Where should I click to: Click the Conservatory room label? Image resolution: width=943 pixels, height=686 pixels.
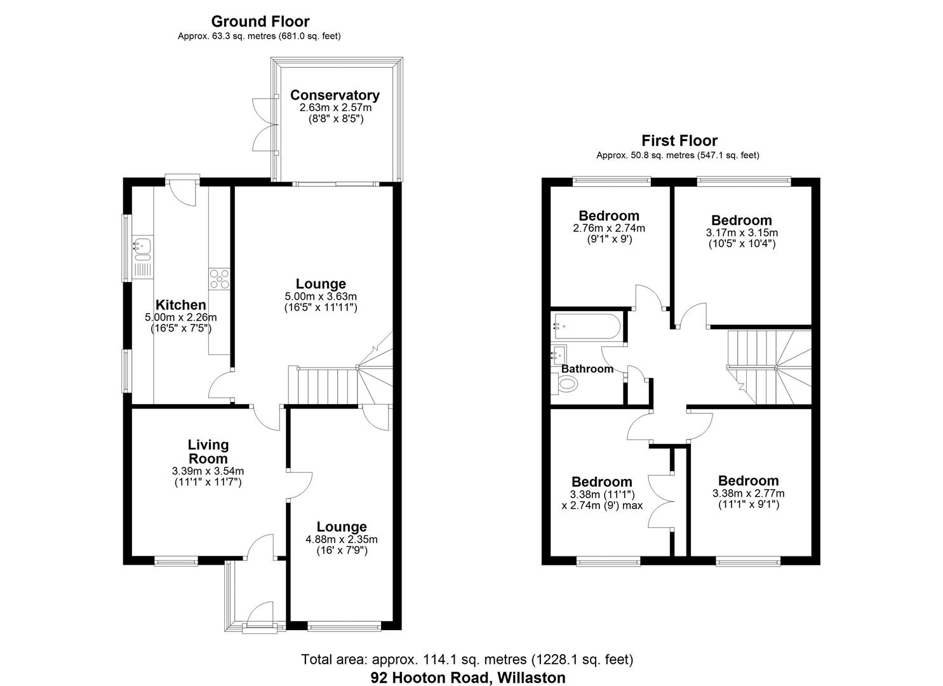click(x=335, y=95)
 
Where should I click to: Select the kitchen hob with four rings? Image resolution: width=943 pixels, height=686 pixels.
click(x=219, y=279)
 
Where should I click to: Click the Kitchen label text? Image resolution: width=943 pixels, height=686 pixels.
click(x=181, y=305)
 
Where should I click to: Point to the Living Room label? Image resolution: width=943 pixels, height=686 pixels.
click(x=208, y=452)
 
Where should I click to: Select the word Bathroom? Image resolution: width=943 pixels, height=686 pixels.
click(x=587, y=368)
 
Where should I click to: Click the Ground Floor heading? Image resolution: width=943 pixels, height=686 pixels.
click(x=260, y=22)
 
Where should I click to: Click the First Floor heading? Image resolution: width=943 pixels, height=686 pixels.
click(x=679, y=140)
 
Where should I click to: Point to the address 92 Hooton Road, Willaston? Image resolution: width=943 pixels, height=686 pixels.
click(x=468, y=678)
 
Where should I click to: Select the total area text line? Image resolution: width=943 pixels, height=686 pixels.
click(x=467, y=659)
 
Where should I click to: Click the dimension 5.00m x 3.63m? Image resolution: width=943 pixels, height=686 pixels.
click(x=321, y=296)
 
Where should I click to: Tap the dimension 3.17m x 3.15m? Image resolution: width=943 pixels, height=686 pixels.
click(x=741, y=232)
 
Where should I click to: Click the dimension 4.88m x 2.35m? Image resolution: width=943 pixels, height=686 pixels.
click(x=342, y=539)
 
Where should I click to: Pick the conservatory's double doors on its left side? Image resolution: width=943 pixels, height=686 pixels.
click(x=262, y=124)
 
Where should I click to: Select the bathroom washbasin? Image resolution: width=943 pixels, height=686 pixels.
click(x=559, y=353)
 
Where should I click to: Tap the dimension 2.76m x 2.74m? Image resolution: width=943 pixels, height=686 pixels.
click(x=608, y=228)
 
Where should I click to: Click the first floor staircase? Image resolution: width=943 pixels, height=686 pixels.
click(x=768, y=367)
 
